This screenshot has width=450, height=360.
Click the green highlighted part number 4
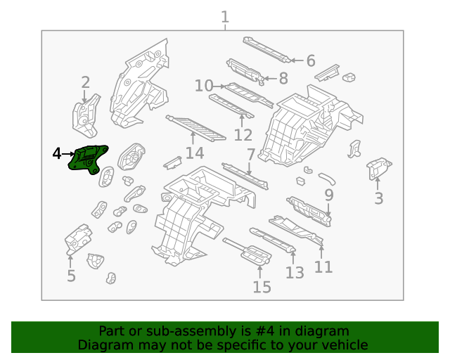click(87, 159)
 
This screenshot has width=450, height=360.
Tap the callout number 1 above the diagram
click(225, 17)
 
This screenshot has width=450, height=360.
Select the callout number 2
click(86, 83)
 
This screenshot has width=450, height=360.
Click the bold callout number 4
click(57, 153)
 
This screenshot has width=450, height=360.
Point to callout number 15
click(262, 287)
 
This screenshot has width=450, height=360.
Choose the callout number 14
click(195, 153)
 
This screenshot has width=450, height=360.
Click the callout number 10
click(204, 86)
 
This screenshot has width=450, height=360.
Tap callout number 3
click(379, 198)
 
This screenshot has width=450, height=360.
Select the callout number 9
click(329, 195)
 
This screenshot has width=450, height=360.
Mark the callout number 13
click(295, 273)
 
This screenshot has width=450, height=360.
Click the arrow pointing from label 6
click(297, 60)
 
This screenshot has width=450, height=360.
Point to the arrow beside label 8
click(270, 78)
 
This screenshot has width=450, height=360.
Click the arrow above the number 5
click(70, 261)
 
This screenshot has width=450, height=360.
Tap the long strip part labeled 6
click(266, 49)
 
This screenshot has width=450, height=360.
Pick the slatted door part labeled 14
click(195, 128)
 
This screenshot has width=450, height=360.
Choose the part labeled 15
click(247, 251)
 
